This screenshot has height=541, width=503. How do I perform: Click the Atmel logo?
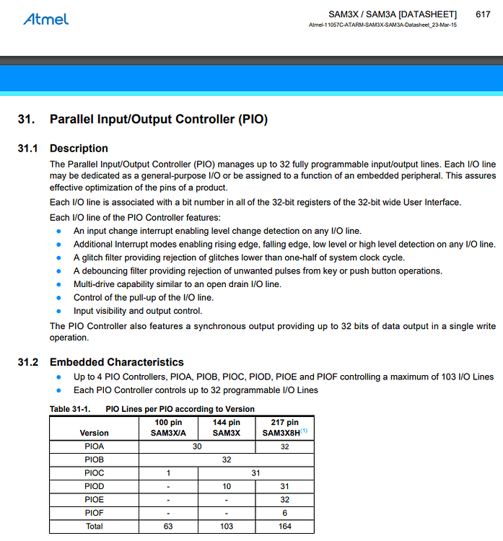click(x=46, y=18)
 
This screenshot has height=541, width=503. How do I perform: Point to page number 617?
click(x=484, y=14)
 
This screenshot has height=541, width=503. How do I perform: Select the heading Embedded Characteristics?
click(x=116, y=362)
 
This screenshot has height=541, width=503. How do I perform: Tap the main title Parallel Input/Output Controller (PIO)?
click(x=158, y=119)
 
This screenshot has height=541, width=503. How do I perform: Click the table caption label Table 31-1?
click(x=69, y=409)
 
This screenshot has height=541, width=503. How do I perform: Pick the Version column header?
click(x=94, y=433)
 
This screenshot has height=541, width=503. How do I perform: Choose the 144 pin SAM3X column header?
click(x=227, y=427)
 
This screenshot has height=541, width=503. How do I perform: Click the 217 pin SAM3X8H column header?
click(x=284, y=427)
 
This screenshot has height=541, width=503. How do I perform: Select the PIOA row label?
click(x=94, y=447)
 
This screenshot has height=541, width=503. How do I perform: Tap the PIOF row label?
click(x=94, y=512)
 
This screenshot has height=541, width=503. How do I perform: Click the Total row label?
click(x=94, y=526)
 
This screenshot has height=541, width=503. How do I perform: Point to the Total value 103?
click(x=227, y=526)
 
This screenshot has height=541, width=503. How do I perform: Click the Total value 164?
click(x=284, y=526)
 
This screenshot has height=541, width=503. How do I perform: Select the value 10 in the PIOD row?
click(x=227, y=486)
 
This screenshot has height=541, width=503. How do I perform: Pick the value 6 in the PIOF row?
click(x=284, y=512)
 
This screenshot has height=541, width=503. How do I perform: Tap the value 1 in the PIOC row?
click(x=167, y=473)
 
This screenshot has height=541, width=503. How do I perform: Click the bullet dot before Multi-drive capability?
click(x=58, y=284)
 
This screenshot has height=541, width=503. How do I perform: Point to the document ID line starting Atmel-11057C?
click(x=383, y=25)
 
